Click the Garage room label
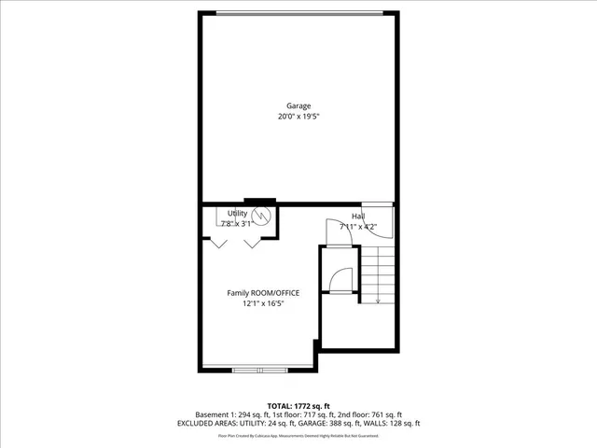pyautogui.click(x=298, y=105)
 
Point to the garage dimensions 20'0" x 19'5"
pyautogui.click(x=298, y=117)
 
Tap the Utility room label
pyautogui.click(x=238, y=214)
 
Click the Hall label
pyautogui.click(x=358, y=216)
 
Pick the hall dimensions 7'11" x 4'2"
pyautogui.click(x=358, y=226)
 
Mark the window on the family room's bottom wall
pyautogui.click(x=261, y=371)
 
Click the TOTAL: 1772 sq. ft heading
pyautogui.click(x=298, y=406)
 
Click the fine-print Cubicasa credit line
pyautogui.click(x=298, y=435)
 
